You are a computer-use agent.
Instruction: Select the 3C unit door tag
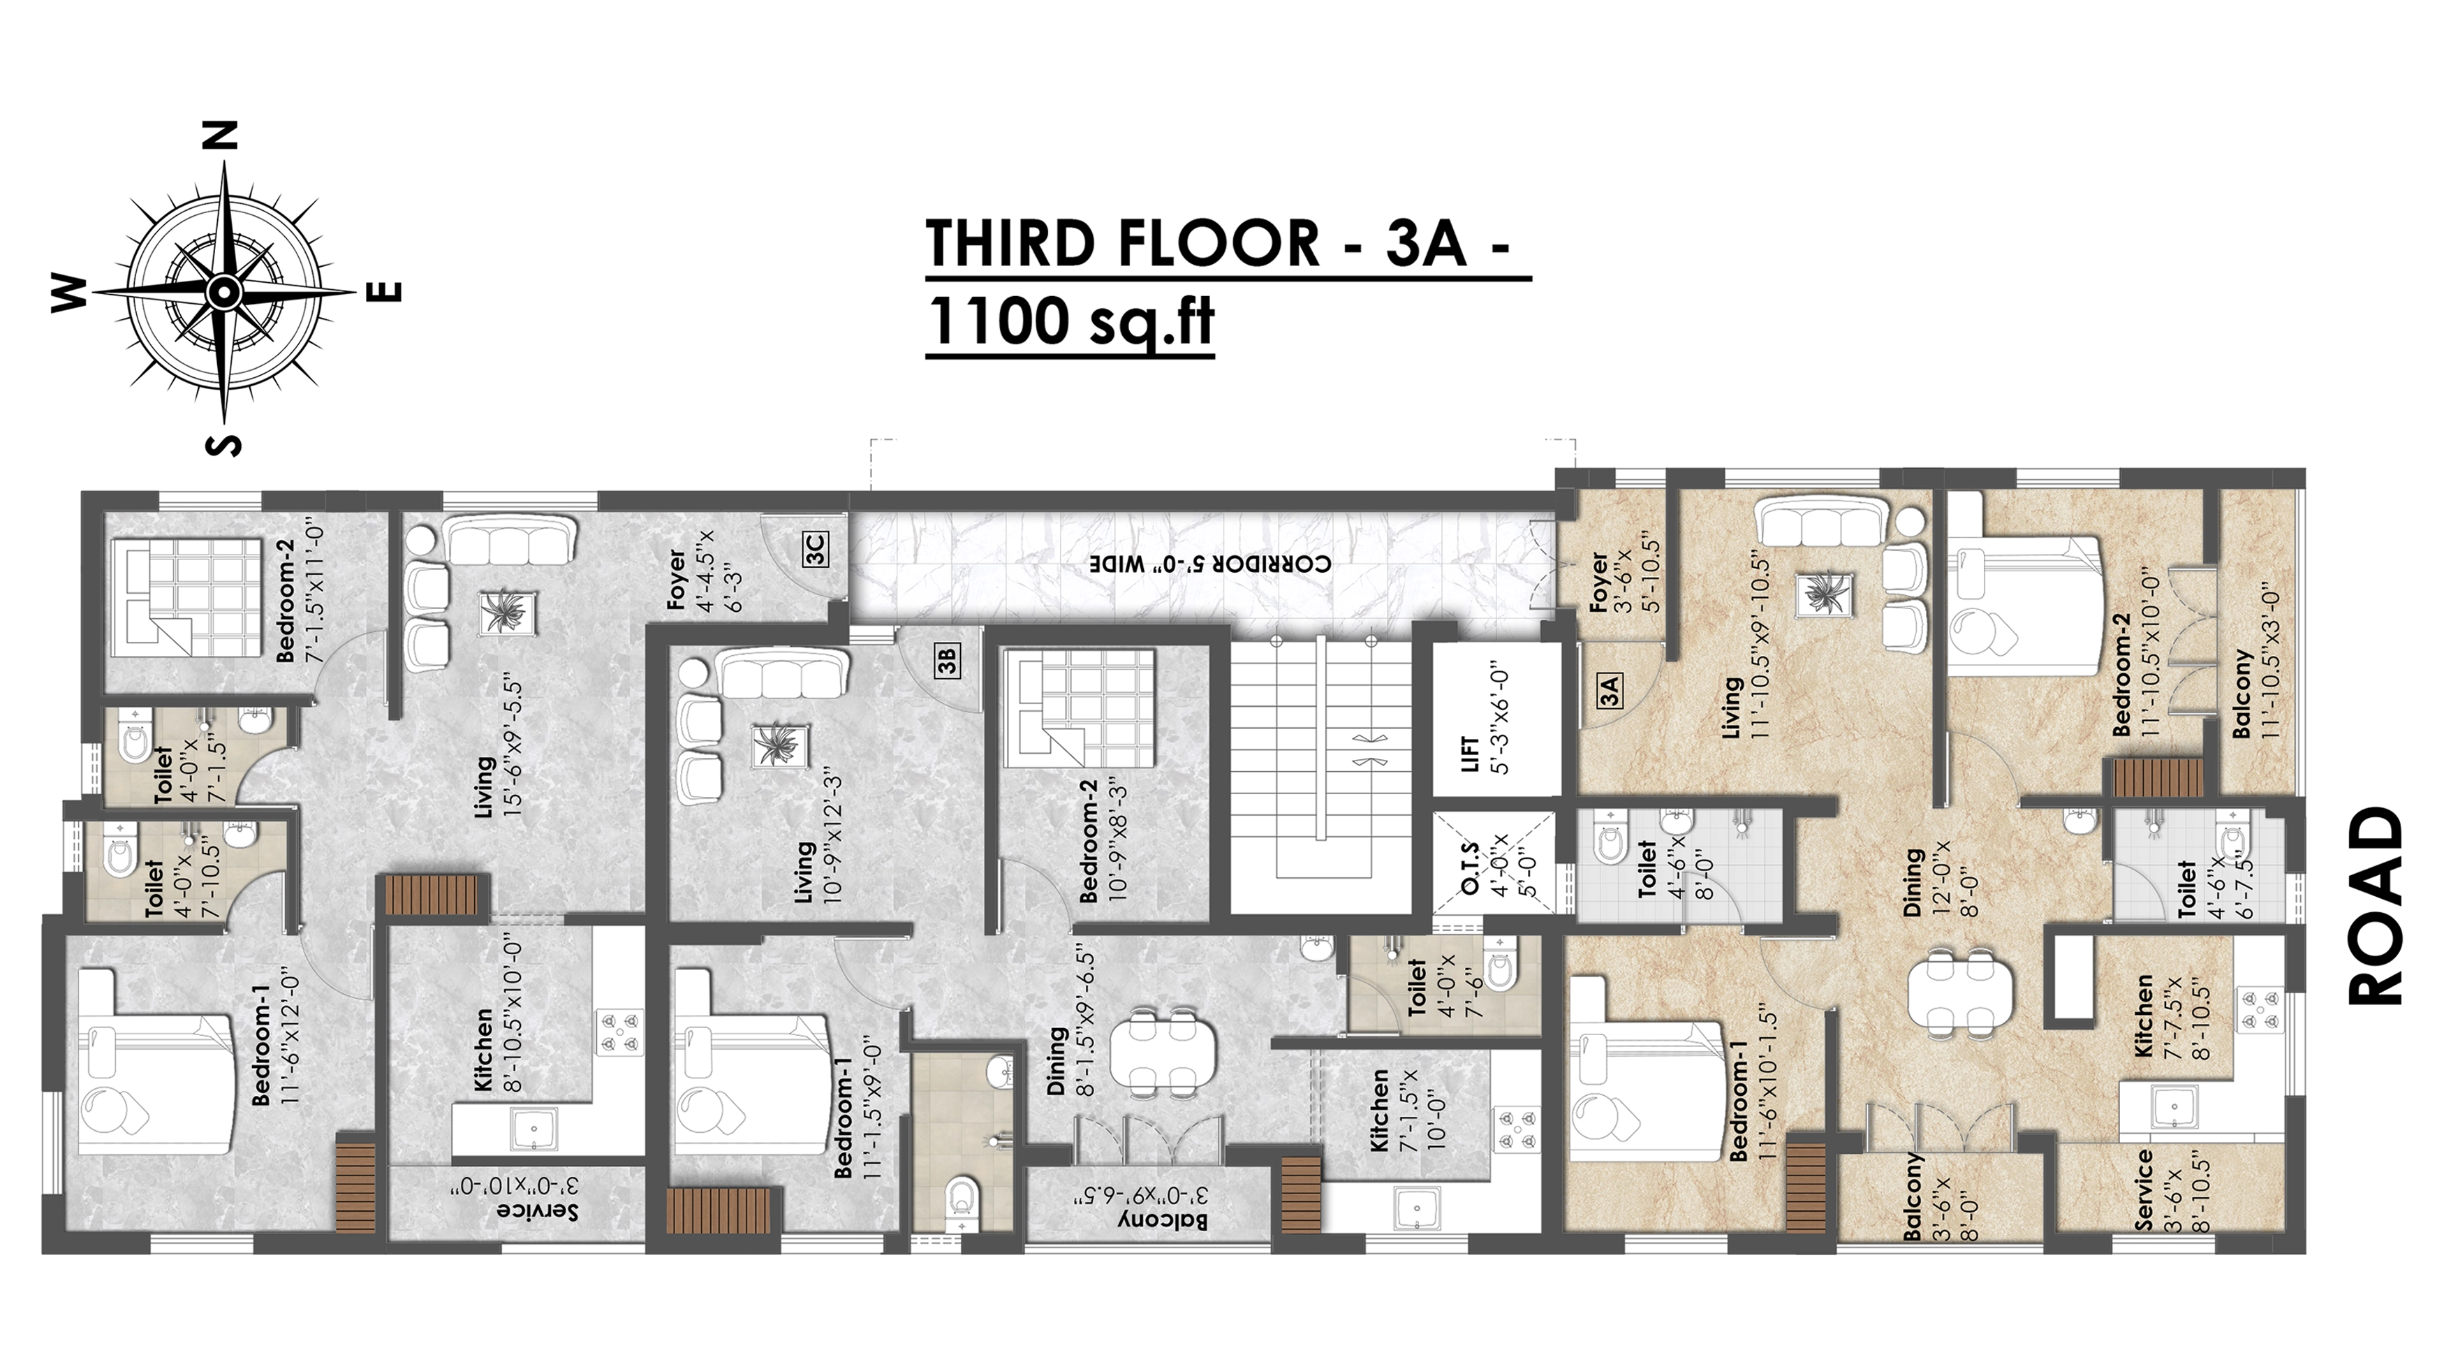815,550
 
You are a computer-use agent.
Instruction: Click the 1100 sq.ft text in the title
1070,323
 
